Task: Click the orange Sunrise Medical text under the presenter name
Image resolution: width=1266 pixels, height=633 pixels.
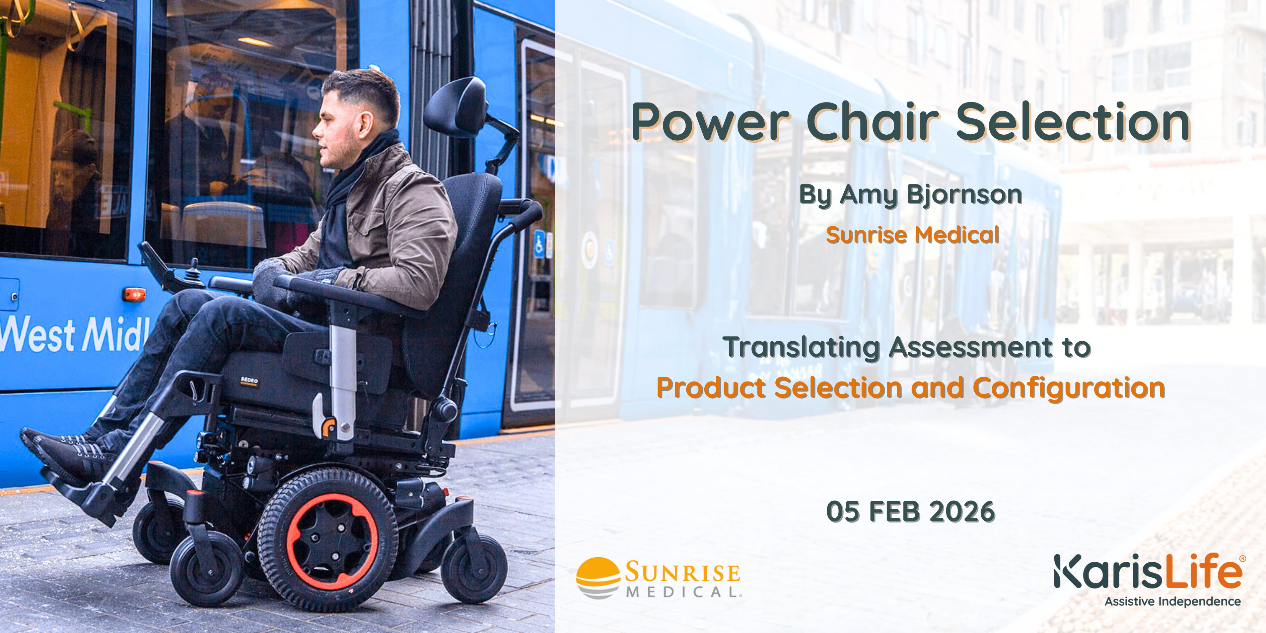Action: (x=912, y=234)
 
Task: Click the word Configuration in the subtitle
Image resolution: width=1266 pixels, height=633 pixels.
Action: (x=1069, y=388)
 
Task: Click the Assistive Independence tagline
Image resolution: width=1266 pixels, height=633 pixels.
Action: (x=1173, y=602)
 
